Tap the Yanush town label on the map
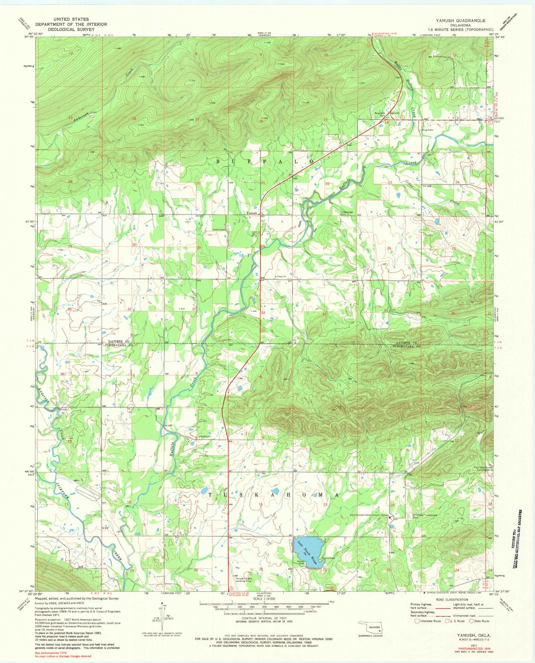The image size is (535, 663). point(251,213)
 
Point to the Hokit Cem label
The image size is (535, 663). point(219,230)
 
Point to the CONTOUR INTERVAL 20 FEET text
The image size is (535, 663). point(264,618)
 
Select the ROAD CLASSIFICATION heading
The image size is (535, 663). point(451,600)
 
